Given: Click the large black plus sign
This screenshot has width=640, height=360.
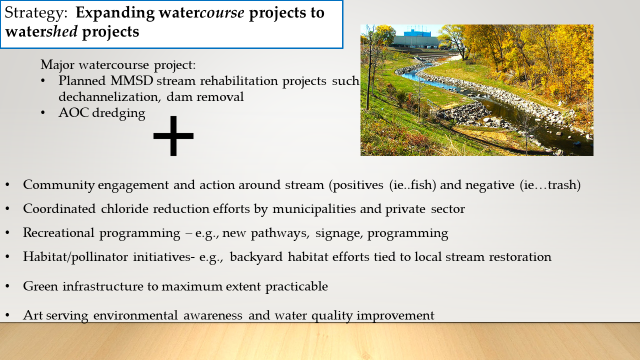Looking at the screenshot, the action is click(x=173, y=135).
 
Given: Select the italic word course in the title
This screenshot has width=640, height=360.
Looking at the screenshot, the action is click(x=222, y=12).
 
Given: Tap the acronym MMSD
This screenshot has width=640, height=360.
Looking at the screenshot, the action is click(x=131, y=80).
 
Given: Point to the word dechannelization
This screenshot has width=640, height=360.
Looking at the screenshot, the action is click(x=109, y=96).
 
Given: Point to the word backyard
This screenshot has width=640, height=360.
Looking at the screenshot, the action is click(x=256, y=257).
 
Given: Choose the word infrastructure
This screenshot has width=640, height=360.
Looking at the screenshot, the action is click(x=103, y=286).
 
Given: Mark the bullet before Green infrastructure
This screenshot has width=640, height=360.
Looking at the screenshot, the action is click(x=7, y=286).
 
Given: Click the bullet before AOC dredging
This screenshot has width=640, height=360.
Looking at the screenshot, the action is click(x=43, y=113).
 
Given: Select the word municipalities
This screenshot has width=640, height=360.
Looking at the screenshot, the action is click(x=314, y=209).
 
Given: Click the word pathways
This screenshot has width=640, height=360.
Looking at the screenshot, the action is click(x=280, y=233).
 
